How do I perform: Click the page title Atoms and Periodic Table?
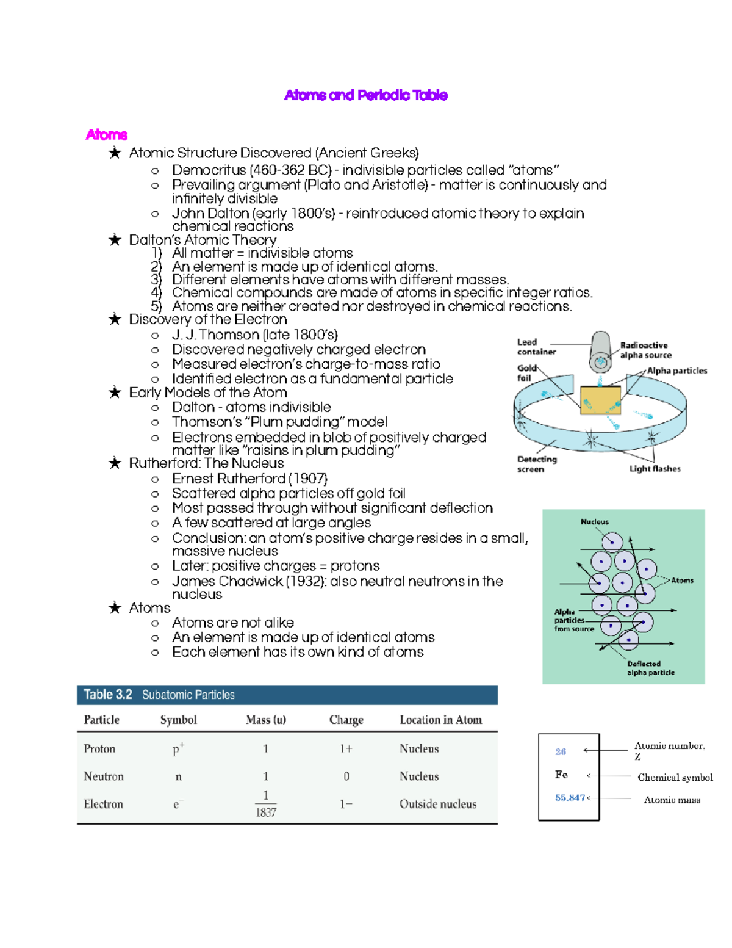[366, 95]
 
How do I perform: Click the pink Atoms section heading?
[107, 135]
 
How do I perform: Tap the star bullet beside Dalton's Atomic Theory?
[115, 240]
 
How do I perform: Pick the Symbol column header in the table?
[178, 720]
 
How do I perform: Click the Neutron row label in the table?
[104, 776]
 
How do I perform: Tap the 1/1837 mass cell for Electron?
[266, 804]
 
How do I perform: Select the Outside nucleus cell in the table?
[438, 805]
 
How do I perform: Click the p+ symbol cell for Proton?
[178, 749]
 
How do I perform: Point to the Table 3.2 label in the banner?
[108, 695]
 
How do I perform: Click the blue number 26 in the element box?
[561, 751]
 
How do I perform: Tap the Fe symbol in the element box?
[561, 775]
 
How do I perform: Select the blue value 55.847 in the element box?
[570, 798]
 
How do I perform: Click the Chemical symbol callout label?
[675, 777]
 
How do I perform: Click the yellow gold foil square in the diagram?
[600, 400]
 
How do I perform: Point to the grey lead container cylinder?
[600, 351]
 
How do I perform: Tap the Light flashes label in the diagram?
[655, 469]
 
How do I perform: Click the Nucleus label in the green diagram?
[594, 522]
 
